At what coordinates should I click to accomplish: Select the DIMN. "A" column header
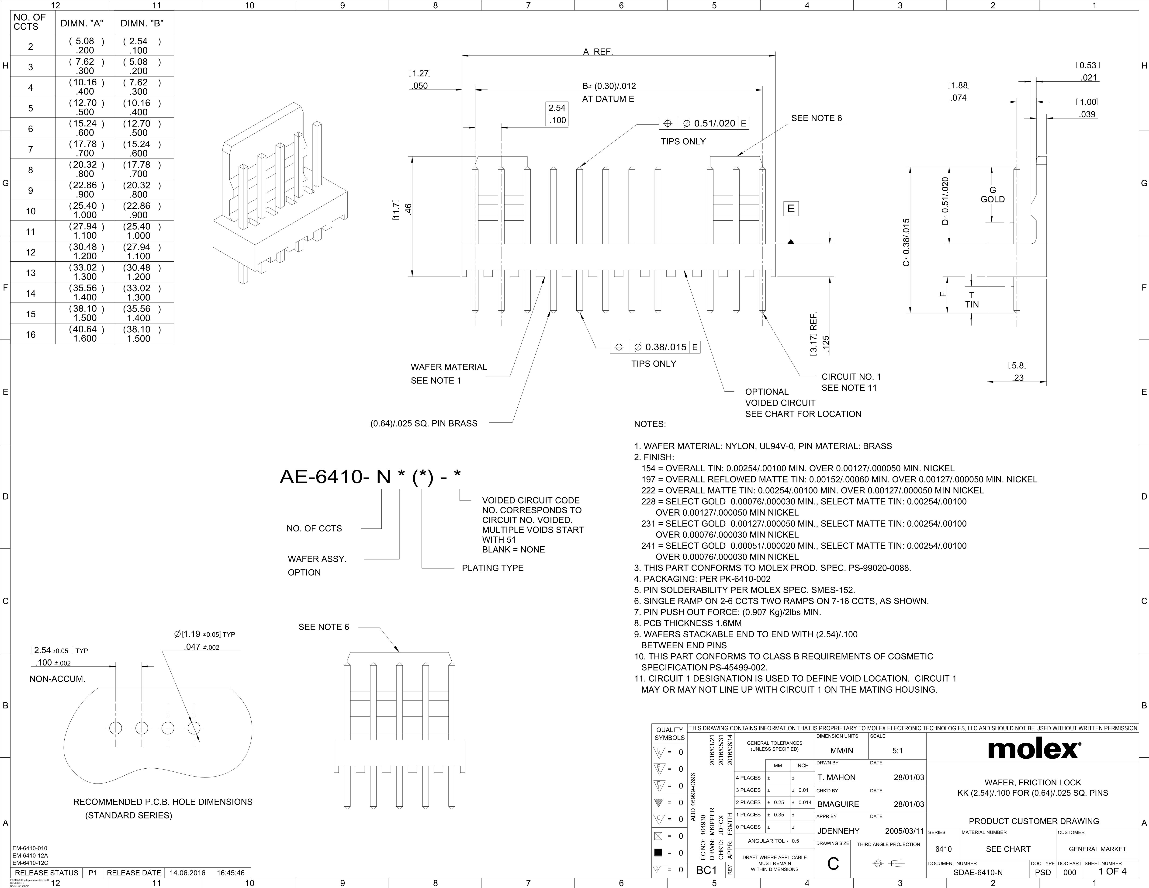[82, 23]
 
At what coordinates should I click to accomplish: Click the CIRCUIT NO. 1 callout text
[851, 377]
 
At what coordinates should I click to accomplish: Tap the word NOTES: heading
[650, 424]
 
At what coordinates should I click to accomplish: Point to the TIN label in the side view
[972, 305]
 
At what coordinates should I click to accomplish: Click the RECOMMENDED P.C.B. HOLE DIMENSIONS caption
[163, 802]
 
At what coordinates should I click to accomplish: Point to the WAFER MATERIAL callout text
[449, 367]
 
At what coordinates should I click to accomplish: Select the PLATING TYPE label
[492, 568]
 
